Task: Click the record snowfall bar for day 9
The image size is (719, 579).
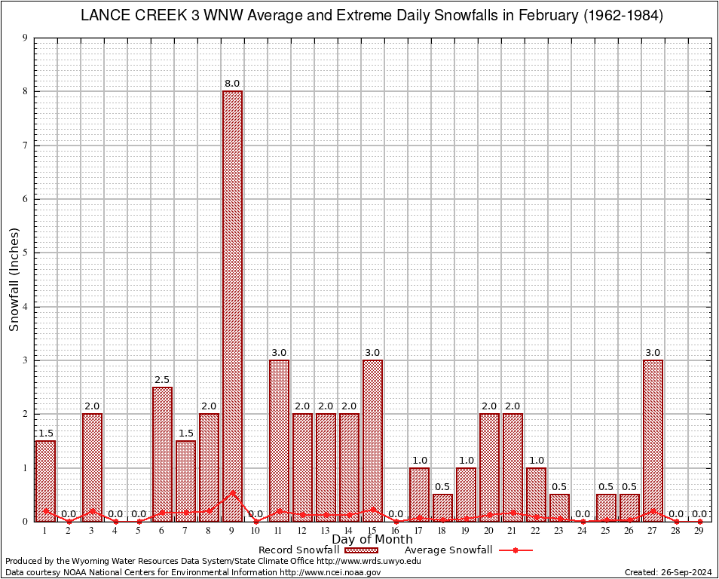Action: [x=232, y=302]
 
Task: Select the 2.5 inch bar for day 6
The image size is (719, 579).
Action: [x=162, y=452]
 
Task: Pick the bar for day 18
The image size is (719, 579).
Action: [x=442, y=507]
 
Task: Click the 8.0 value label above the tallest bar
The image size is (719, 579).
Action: [x=232, y=84]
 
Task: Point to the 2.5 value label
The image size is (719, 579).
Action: [x=162, y=379]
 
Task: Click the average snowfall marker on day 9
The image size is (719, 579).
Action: [x=232, y=492]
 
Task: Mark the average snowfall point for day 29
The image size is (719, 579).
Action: [x=699, y=521]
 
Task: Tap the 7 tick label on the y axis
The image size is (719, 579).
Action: [x=26, y=146]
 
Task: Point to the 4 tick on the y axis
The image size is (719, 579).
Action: [x=26, y=307]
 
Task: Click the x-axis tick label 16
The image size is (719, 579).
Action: [x=396, y=531]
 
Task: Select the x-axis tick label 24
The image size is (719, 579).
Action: [x=583, y=531]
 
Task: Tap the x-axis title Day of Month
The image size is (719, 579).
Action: [x=372, y=540]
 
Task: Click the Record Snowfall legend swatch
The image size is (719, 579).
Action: [x=361, y=550]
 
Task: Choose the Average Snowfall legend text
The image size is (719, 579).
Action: [x=448, y=550]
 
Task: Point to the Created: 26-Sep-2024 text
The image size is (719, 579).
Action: [x=669, y=572]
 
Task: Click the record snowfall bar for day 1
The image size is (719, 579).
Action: [x=45, y=480]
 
